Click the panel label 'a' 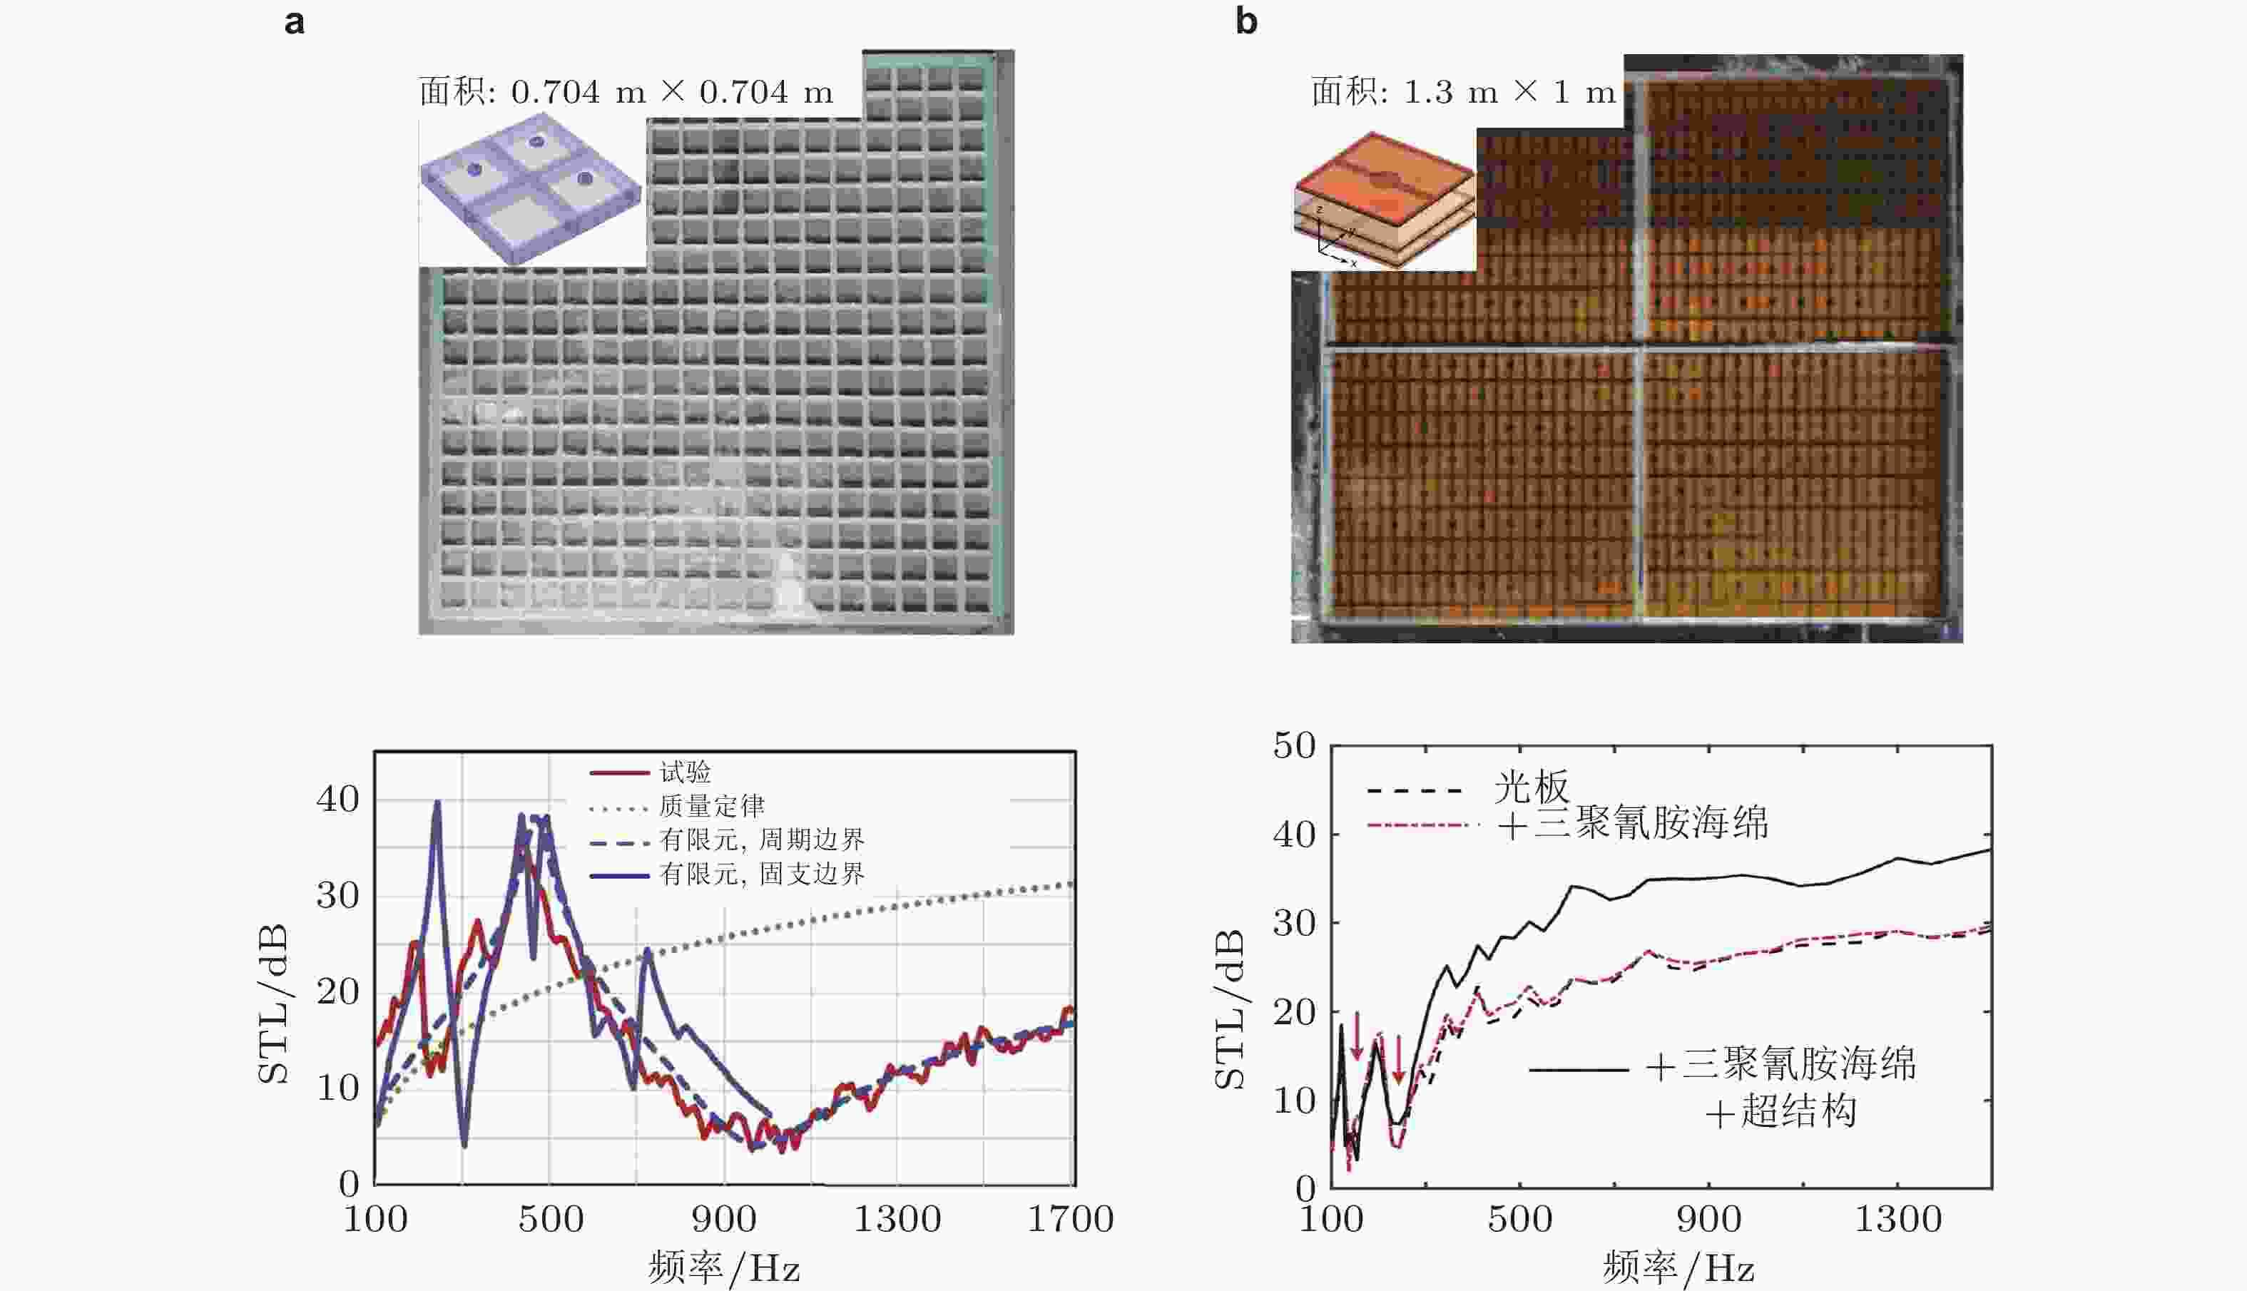click(295, 21)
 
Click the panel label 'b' click(1246, 21)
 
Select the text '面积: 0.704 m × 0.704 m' click(626, 92)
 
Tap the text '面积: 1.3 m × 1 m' click(1463, 92)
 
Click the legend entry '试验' click(685, 772)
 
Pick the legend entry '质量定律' click(711, 806)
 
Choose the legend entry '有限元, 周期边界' click(761, 840)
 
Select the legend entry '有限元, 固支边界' click(761, 874)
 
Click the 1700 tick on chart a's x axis click(1069, 1219)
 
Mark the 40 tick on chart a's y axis click(338, 800)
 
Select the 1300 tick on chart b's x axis click(1897, 1219)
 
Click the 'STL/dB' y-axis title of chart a click(274, 1003)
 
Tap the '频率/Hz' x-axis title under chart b click(1678, 1269)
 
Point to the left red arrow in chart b click(1357, 1036)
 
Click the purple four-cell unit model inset click(530, 188)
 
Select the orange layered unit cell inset click(1384, 200)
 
